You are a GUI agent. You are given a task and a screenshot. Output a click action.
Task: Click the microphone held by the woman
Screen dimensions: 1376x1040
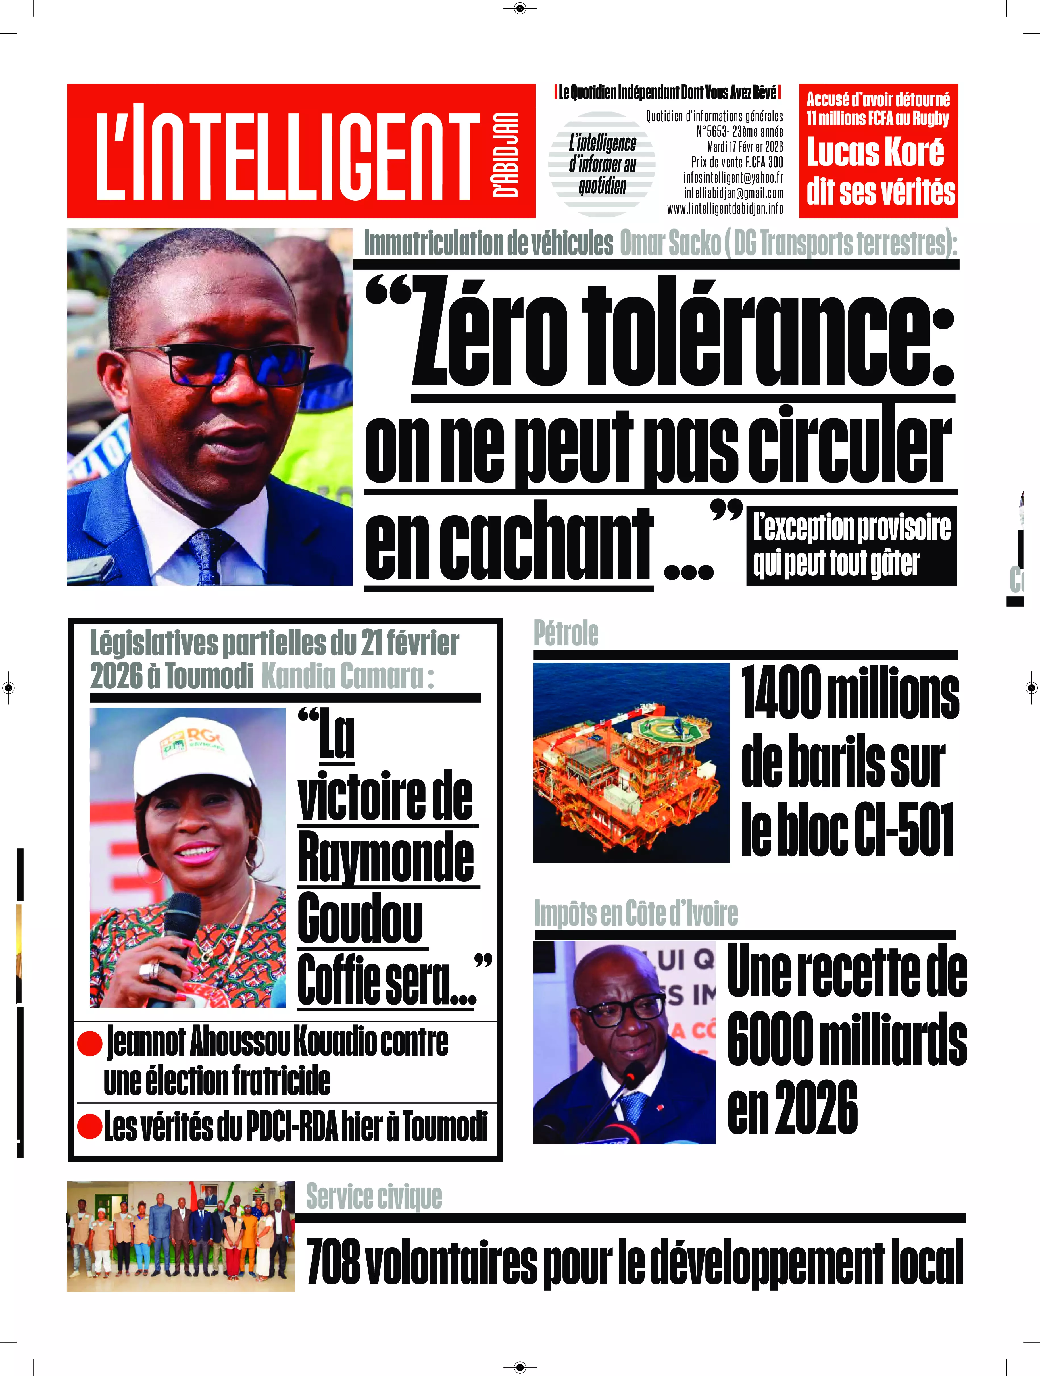click(180, 933)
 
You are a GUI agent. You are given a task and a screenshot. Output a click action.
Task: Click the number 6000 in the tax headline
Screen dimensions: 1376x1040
click(770, 1039)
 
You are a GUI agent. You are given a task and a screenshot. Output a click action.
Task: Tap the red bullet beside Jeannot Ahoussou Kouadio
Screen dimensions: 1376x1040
click(89, 1043)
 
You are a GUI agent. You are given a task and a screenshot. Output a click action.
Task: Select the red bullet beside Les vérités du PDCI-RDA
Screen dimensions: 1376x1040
click(89, 1126)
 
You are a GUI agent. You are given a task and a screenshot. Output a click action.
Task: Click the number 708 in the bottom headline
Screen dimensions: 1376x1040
click(334, 1261)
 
